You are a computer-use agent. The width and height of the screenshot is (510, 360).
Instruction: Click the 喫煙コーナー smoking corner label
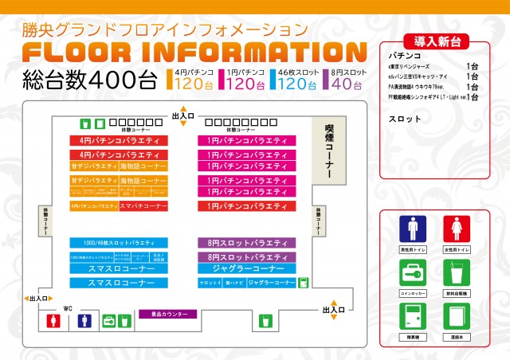pyautogui.click(x=327, y=151)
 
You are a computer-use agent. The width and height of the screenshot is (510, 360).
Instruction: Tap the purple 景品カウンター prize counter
pyautogui.click(x=163, y=314)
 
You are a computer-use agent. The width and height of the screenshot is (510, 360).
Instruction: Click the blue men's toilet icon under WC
pyautogui.click(x=84, y=322)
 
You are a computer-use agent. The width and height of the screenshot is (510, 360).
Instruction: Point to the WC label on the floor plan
pyautogui.click(x=68, y=307)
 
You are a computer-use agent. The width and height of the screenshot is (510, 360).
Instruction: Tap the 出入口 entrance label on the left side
pyautogui.click(x=37, y=299)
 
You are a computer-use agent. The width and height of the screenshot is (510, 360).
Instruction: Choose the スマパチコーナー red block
pyautogui.click(x=144, y=205)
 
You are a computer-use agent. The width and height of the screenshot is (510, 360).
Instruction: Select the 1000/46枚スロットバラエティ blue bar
pyautogui.click(x=119, y=242)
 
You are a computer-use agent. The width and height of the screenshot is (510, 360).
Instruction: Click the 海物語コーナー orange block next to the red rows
pyautogui.click(x=144, y=166)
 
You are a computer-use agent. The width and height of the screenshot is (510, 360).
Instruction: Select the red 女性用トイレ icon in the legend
pyautogui.click(x=457, y=230)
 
